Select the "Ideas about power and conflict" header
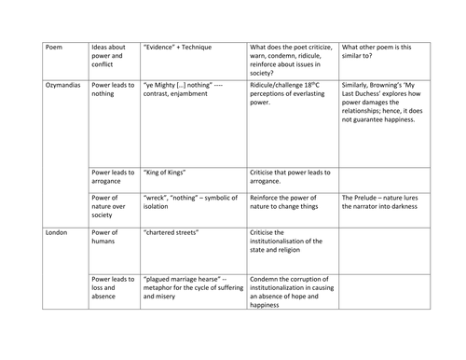pos(111,58)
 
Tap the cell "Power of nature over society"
pos(111,208)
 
